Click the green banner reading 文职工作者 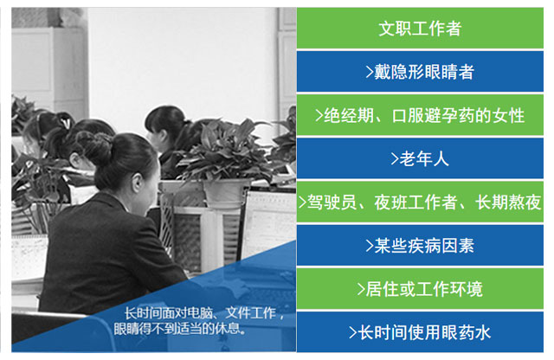pos(420,28)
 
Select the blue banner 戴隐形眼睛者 pos(420,72)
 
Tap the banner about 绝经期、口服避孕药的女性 pos(420,115)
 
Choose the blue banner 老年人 pos(420,158)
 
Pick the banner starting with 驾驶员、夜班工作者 pos(420,202)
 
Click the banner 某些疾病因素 pos(420,246)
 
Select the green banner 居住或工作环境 pos(420,289)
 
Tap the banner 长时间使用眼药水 pos(420,332)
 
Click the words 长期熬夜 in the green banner pos(508,202)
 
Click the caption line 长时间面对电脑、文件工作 pos(204,313)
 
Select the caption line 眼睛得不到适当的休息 pos(180,329)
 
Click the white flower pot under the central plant pos(225,192)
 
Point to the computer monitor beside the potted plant pos(267,223)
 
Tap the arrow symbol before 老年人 pos(395,159)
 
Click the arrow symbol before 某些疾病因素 pos(370,246)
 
